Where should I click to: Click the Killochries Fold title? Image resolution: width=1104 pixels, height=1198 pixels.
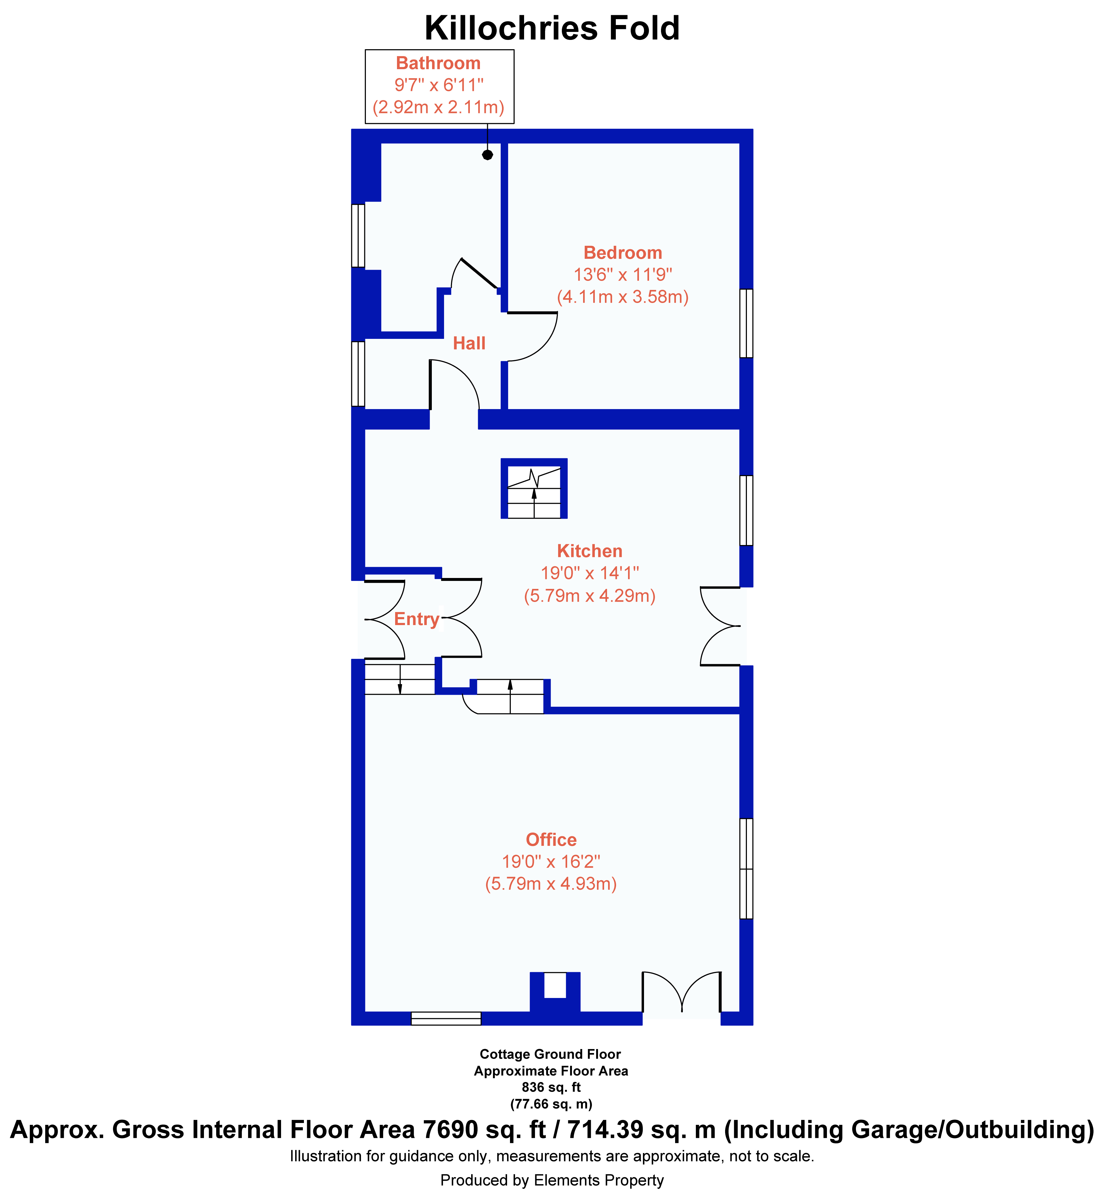[x=552, y=28]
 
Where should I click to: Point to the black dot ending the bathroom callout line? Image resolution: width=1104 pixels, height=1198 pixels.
[x=487, y=155]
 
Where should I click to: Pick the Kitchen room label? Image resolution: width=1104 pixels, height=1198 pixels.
[x=590, y=551]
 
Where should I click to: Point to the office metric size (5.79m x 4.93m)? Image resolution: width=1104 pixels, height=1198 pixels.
[x=551, y=884]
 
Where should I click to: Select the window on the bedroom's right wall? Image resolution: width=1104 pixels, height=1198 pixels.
[x=746, y=323]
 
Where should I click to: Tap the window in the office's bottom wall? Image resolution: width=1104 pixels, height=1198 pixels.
[x=446, y=1018]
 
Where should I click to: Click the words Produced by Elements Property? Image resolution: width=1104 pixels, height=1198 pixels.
[x=552, y=1180]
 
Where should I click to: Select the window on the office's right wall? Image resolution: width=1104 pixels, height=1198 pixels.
[x=746, y=868]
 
